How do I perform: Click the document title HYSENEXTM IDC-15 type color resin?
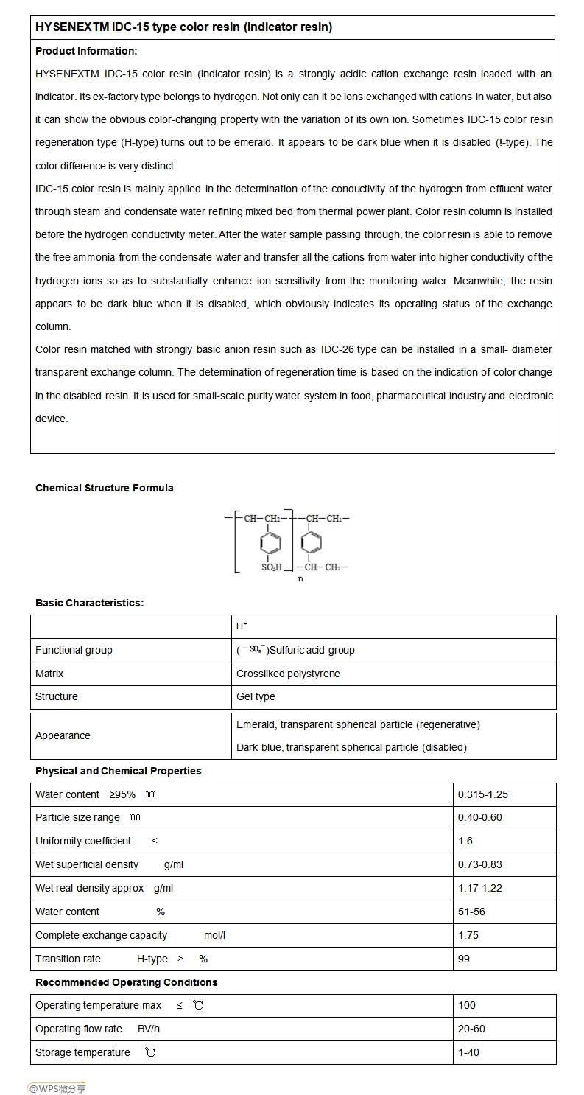[184, 27]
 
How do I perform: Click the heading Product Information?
[86, 51]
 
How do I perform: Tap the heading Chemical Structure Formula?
[105, 488]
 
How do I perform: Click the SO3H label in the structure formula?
[272, 567]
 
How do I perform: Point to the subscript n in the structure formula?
[300, 579]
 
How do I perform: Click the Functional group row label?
[74, 650]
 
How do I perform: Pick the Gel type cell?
[256, 696]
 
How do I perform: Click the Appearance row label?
[63, 735]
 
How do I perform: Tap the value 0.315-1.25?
[483, 794]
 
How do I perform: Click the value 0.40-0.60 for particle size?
[480, 817]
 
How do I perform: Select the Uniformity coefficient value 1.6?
[465, 841]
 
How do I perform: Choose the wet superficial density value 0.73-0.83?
[480, 864]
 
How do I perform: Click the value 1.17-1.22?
[480, 888]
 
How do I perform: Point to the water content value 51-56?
[471, 912]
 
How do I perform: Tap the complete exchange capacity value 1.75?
[468, 935]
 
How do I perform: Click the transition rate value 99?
[464, 959]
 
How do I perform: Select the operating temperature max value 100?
[467, 1005]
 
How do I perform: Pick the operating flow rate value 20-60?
[471, 1029]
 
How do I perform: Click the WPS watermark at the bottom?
[57, 1088]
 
